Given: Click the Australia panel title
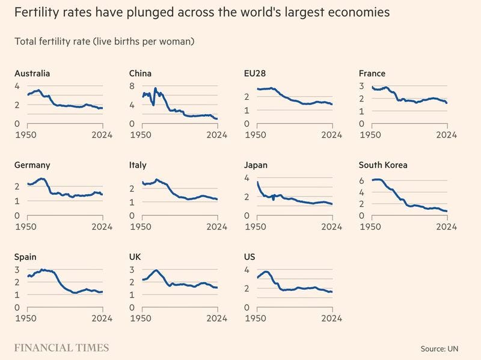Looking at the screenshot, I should pos(31,73).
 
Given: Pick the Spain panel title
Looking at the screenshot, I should pos(25,257).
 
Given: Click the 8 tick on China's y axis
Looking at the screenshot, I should pos(132,86).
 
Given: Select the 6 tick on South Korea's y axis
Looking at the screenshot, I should pos(362,180).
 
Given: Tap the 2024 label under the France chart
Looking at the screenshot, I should pos(447,135).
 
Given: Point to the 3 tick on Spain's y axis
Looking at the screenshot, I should pos(17,269).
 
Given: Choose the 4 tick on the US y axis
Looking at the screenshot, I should pos(247,269).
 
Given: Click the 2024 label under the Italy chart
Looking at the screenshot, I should pos(217,227).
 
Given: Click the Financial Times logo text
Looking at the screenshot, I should pos(62,347).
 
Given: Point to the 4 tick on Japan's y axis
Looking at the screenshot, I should pos(247,178).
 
